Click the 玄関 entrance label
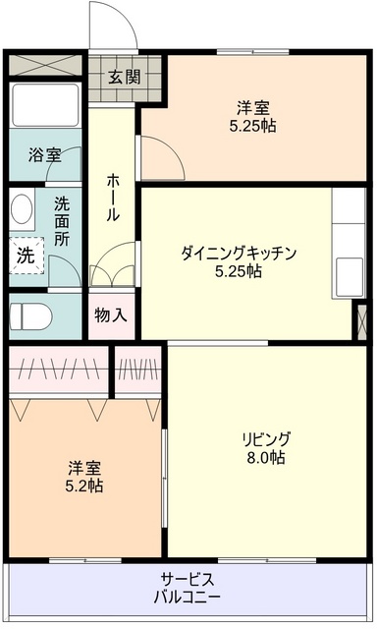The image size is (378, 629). pyautogui.click(x=125, y=77)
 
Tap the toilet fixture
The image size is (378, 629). pyautogui.click(x=30, y=314)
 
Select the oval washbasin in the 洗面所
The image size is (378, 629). pyautogui.click(x=22, y=208)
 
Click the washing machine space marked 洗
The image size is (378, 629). pyautogui.click(x=27, y=256)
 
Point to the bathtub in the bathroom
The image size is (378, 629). pyautogui.click(x=45, y=105)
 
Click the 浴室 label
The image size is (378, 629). pyautogui.click(x=44, y=155)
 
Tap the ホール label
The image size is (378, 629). pyautogui.click(x=112, y=198)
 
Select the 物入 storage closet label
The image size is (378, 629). pyautogui.click(x=111, y=315)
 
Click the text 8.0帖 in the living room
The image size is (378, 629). pyautogui.click(x=266, y=457)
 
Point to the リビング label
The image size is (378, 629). pyautogui.click(x=265, y=439)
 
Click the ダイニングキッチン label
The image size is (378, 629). pyautogui.click(x=239, y=254)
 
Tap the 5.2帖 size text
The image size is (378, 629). pyautogui.click(x=84, y=486)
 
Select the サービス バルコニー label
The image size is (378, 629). pyautogui.click(x=188, y=588)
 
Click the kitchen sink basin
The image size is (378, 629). pyautogui.click(x=350, y=277)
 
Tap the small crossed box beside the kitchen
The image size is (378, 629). pyautogui.click(x=361, y=321)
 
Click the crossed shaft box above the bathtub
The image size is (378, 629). pyautogui.click(x=45, y=65)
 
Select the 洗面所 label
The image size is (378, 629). pyautogui.click(x=62, y=221)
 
